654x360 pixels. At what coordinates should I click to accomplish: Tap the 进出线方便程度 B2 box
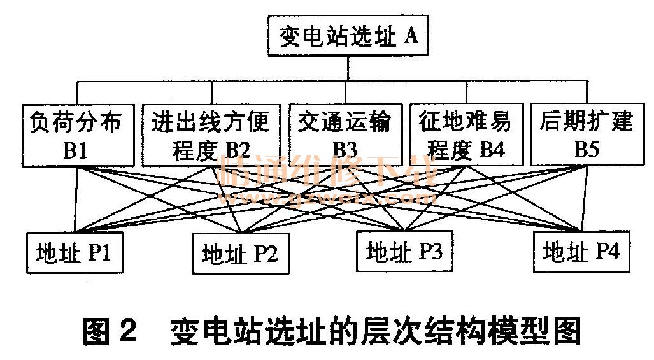(210, 135)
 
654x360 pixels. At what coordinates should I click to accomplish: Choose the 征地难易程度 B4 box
(465, 135)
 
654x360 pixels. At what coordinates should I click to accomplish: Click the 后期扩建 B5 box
(585, 135)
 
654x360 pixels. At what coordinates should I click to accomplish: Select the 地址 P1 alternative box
(75, 254)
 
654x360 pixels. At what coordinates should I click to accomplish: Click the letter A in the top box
(411, 36)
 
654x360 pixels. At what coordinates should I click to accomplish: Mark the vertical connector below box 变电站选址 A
(347, 68)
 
